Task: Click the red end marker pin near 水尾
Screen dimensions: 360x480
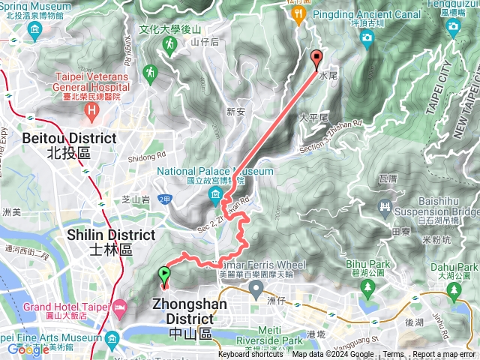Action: coord(316,58)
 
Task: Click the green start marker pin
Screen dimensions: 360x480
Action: coord(164,276)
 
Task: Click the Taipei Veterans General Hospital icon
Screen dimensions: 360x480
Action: coord(91,113)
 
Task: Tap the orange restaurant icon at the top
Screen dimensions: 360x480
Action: coord(298,13)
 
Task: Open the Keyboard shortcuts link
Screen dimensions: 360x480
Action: coord(250,355)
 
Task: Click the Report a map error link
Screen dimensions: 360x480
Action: coord(444,355)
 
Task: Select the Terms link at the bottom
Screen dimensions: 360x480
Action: coord(393,355)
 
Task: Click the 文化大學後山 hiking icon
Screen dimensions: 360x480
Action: coord(169,45)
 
